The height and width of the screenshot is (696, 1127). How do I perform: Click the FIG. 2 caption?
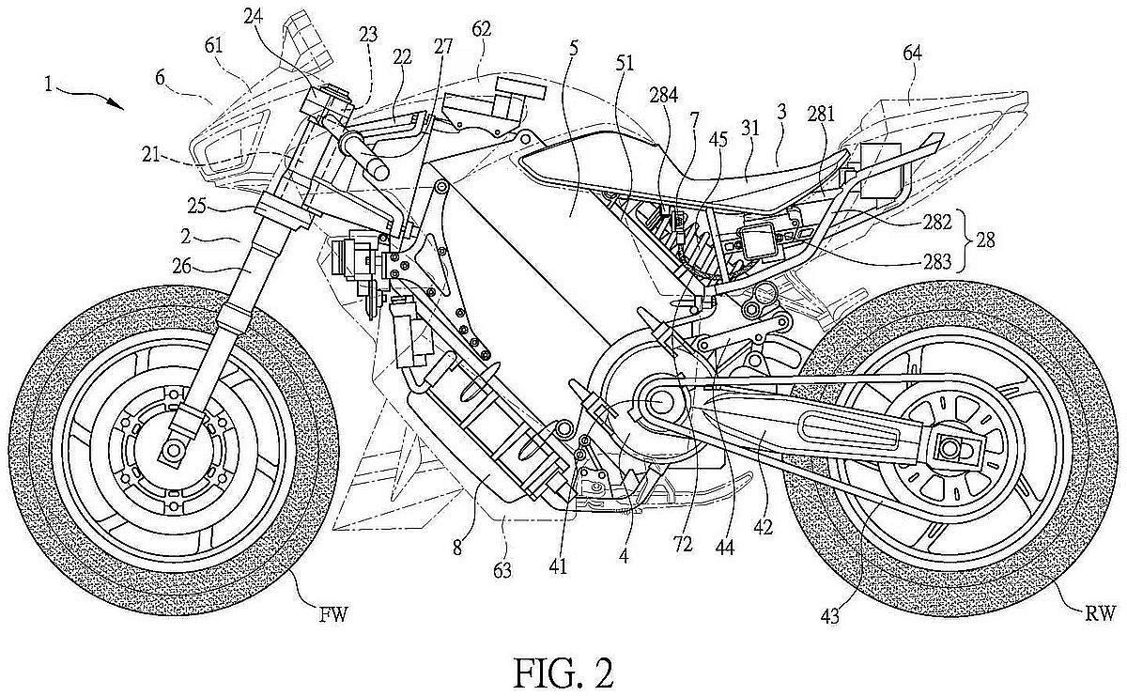point(563,673)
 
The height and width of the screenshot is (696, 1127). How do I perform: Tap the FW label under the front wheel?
point(334,615)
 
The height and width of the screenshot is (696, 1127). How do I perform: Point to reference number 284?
point(664,95)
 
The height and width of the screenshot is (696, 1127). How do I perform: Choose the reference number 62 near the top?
point(481,30)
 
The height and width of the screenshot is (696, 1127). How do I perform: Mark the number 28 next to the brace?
point(985,240)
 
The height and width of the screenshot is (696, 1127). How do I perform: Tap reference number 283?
point(937,262)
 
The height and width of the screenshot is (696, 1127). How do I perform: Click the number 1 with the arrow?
point(48,85)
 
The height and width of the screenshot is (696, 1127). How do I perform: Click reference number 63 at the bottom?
point(502,570)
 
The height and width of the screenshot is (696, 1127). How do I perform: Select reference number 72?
point(683,545)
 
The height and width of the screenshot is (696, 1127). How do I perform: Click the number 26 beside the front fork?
point(181,266)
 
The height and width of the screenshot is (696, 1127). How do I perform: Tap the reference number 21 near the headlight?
point(151,156)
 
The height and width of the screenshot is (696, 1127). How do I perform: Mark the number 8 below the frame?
point(456,548)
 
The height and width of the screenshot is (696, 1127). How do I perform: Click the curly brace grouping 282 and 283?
point(965,240)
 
